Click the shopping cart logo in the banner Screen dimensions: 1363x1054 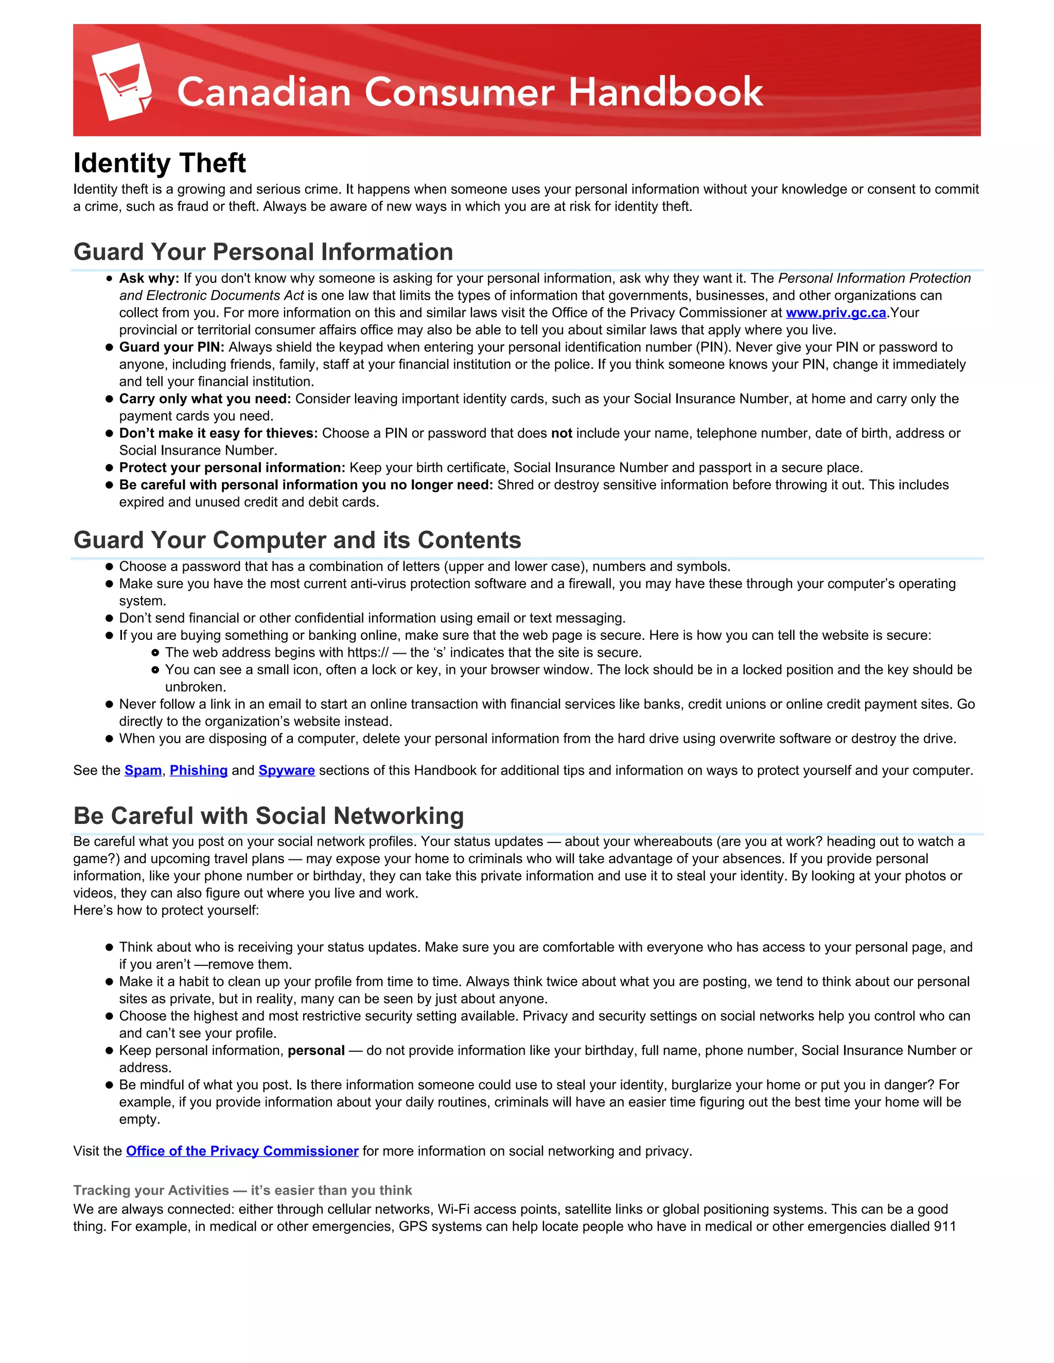122,82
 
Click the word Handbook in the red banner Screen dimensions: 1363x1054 665,93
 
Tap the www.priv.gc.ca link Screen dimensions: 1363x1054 835,313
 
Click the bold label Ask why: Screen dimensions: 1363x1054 149,278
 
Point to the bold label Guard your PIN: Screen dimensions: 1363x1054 171,347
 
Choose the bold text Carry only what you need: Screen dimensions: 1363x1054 205,399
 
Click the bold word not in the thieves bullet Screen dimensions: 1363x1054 561,433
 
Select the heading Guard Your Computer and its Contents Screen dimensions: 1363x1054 297,540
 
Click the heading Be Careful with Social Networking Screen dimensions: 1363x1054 269,816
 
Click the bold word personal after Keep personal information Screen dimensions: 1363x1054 316,1050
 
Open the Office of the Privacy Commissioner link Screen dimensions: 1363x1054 242,1151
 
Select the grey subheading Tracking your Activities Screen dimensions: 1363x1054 151,1190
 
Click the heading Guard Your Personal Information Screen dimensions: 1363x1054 263,252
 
